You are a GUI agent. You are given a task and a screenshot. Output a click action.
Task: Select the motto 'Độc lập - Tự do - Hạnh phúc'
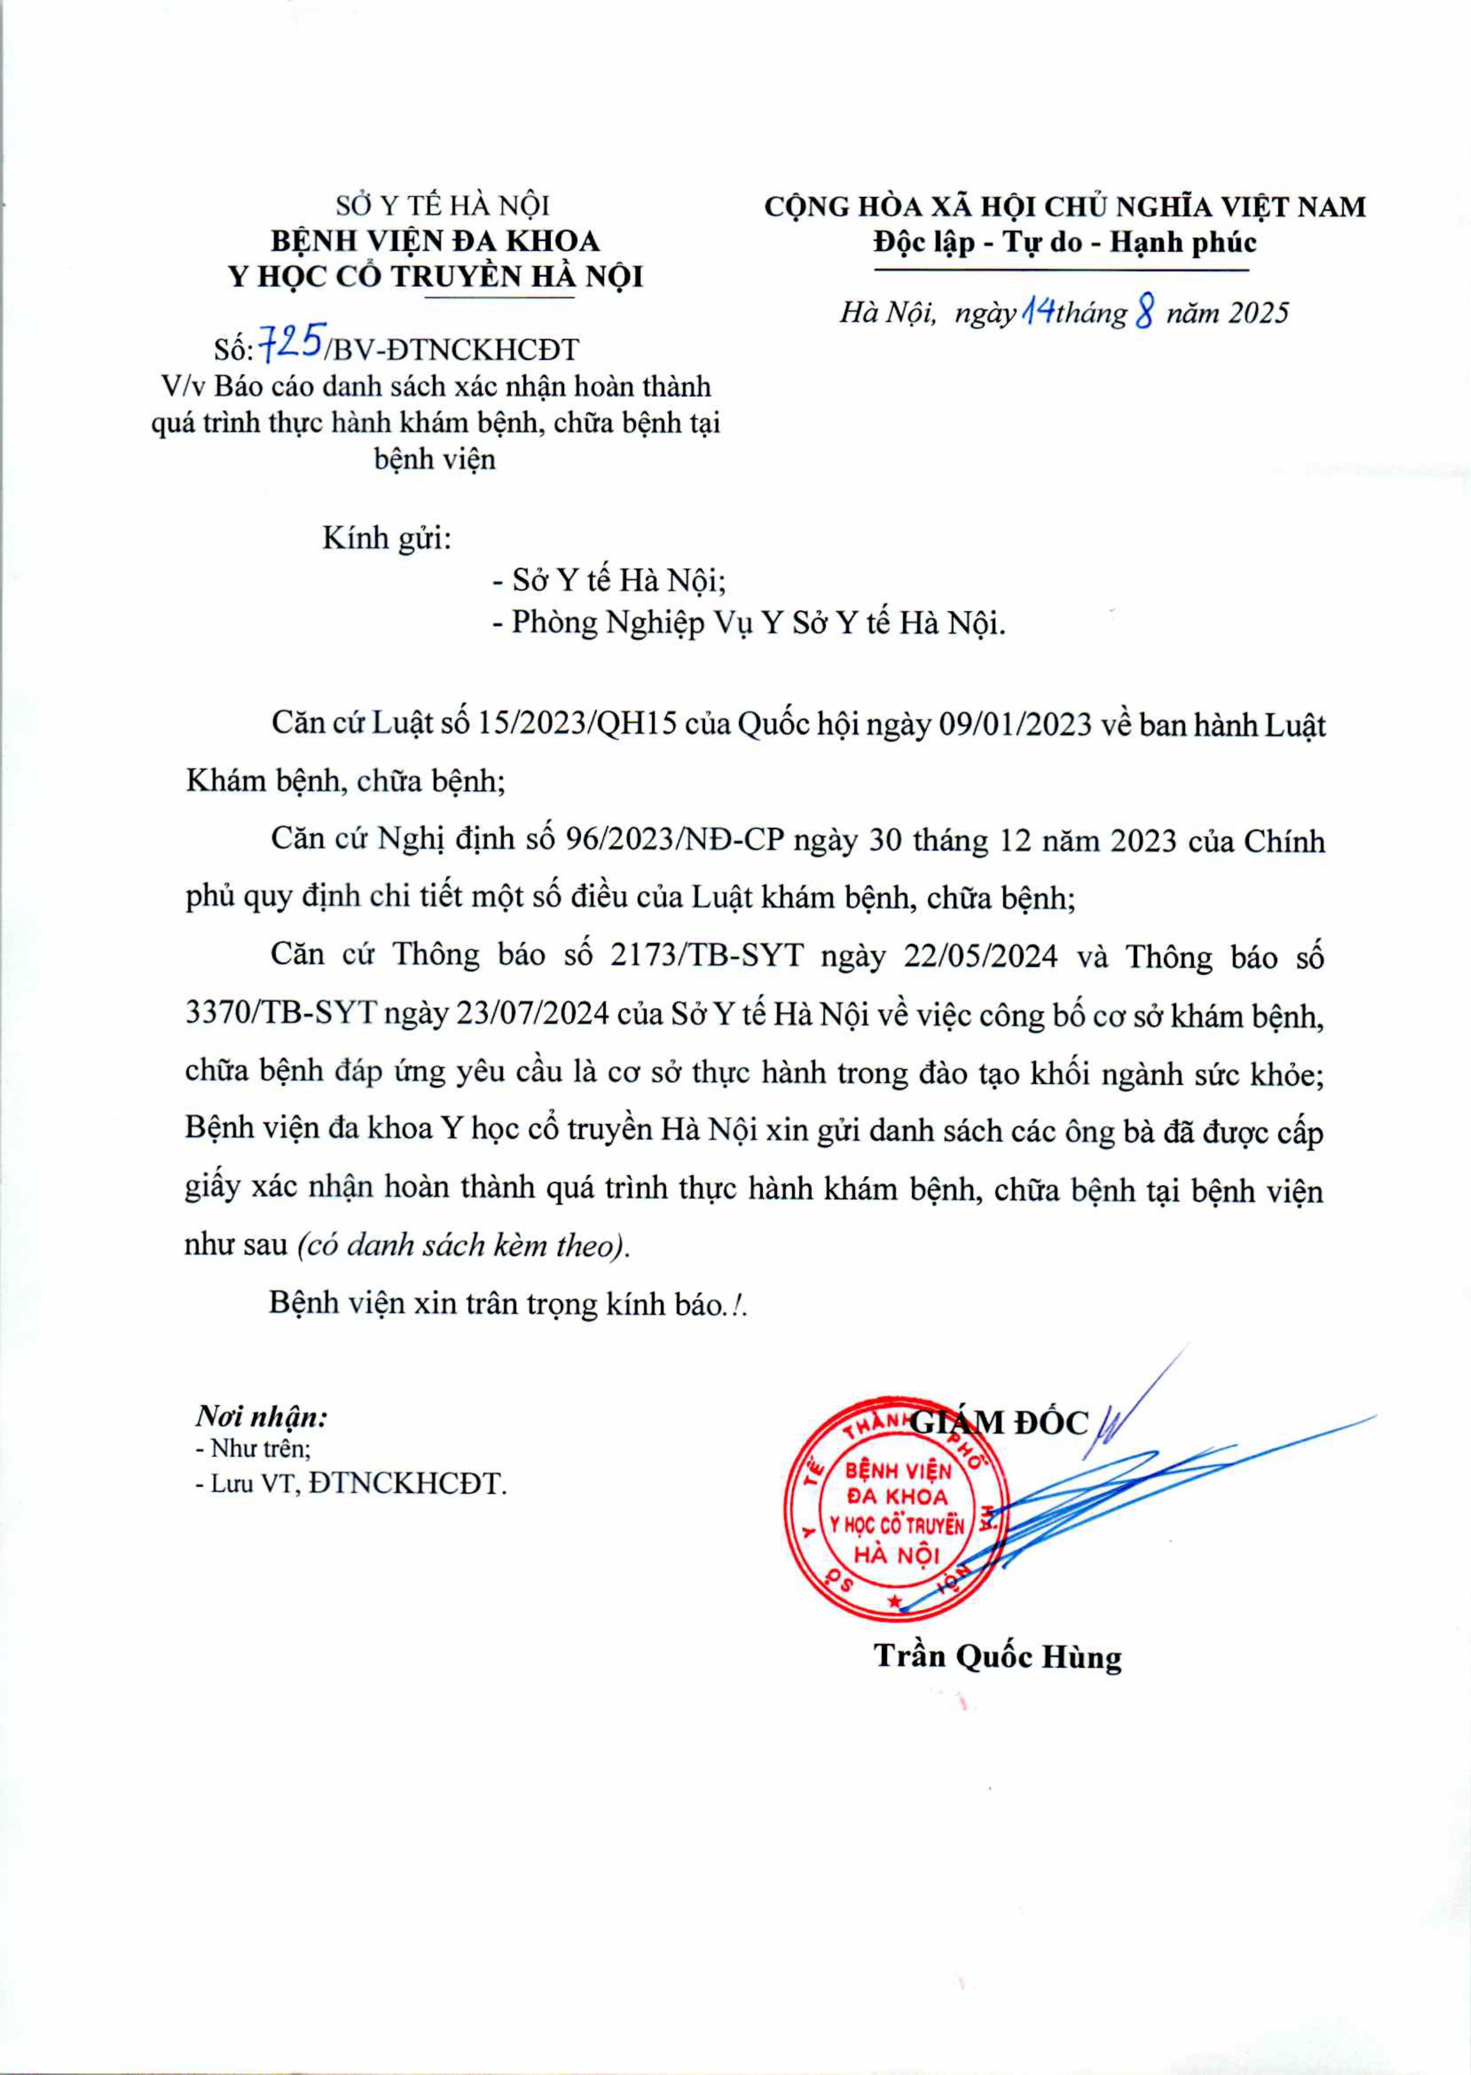click(1065, 242)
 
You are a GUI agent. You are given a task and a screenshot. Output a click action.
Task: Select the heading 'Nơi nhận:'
click(262, 1416)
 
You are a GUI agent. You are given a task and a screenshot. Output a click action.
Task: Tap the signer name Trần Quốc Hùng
click(997, 1656)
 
